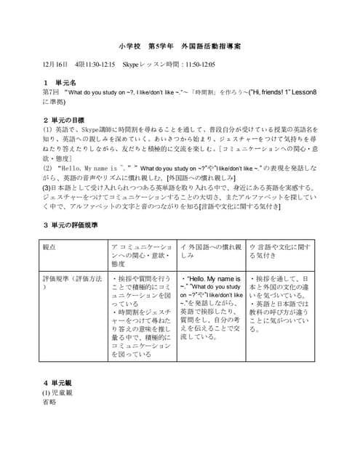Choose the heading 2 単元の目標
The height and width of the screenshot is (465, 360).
67,118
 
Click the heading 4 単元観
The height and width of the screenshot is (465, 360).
60,382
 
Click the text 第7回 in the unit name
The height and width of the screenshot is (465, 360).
51,92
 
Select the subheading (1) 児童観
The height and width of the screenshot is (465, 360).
57,392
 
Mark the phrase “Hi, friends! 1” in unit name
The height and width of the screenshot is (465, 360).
277,92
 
